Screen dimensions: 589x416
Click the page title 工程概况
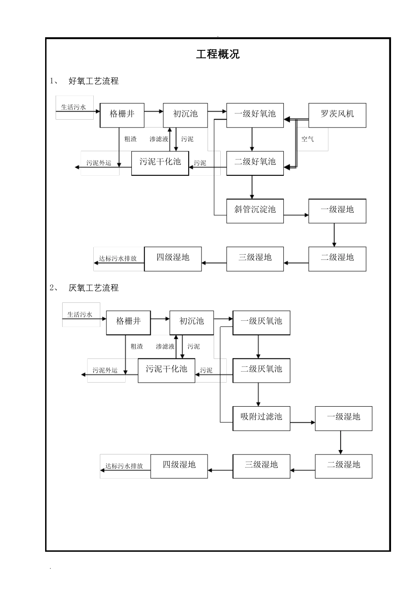218,54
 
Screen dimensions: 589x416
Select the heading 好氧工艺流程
94,81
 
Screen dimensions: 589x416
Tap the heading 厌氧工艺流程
94,288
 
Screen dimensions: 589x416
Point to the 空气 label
307,139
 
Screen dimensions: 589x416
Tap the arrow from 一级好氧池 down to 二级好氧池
252,139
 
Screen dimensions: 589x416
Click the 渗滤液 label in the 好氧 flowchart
159,139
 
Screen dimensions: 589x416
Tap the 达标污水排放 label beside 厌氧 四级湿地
124,466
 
